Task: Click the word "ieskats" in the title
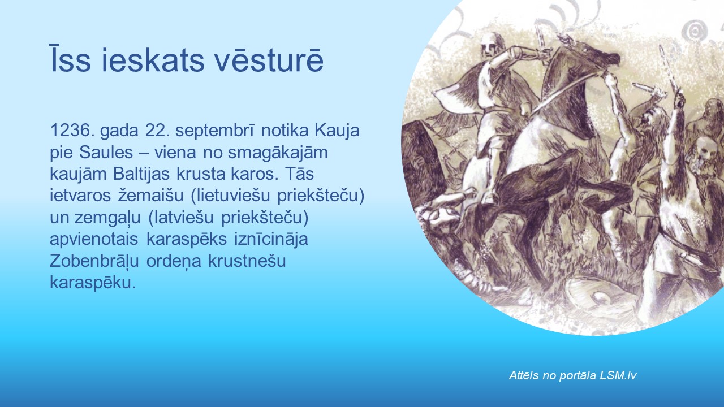point(153,60)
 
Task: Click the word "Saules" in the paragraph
point(106,152)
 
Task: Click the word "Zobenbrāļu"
point(94,261)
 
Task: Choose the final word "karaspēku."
point(93,283)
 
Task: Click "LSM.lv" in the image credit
point(618,375)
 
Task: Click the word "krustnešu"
point(247,261)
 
